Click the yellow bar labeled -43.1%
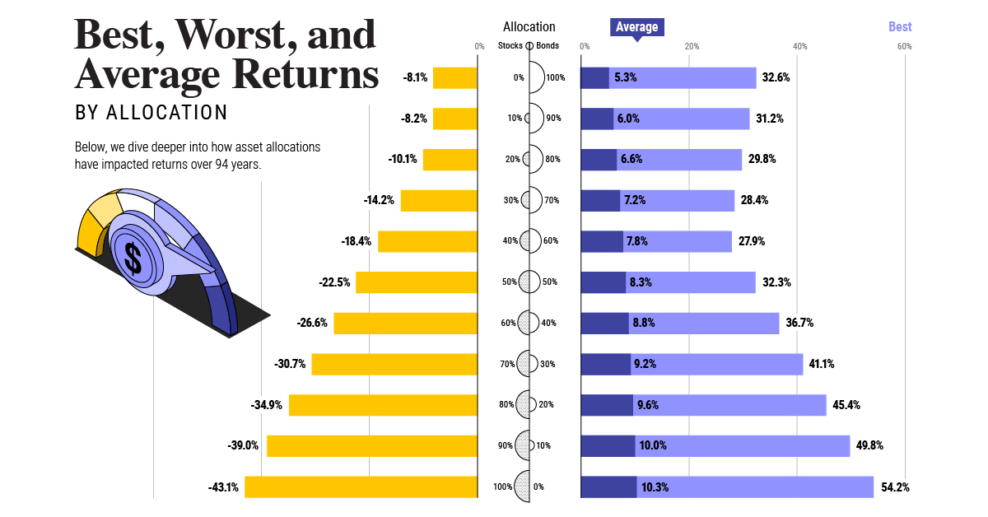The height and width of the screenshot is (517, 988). point(361,487)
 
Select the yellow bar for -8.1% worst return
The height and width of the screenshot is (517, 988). point(454,78)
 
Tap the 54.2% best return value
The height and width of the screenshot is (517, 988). point(895,487)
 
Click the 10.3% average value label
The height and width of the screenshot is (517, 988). point(655,487)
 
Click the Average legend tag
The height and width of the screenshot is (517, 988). point(636,27)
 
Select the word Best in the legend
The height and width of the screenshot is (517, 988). point(900,27)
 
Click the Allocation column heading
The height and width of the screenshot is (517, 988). point(529,27)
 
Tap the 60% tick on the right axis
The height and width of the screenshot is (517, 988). point(904,46)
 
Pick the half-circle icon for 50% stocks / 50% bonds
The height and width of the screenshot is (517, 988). point(529,282)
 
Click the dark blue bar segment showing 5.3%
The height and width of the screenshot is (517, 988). point(594,78)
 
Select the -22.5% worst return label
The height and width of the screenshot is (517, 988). point(334,282)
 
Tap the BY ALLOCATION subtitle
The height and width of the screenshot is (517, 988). point(151,112)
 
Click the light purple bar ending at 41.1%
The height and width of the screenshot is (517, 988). point(716,364)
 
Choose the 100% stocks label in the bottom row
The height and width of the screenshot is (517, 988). point(502,487)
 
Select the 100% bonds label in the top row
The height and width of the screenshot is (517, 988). point(555,78)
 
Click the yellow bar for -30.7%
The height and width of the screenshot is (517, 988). point(394,364)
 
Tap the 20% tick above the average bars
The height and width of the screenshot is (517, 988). point(692,46)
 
